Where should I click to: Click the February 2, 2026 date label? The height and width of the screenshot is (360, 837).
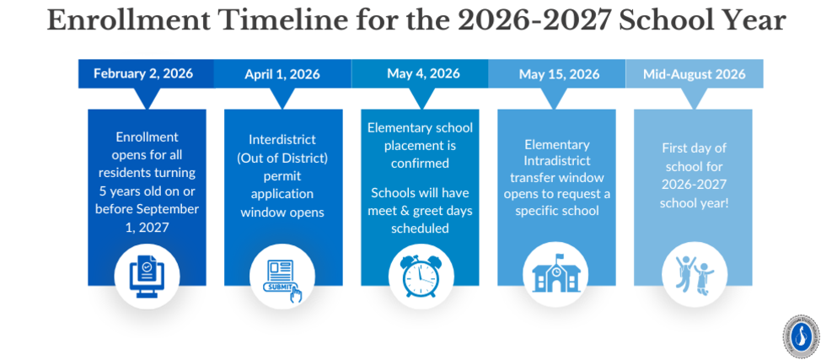(x=143, y=73)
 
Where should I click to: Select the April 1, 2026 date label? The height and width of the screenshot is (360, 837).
(x=282, y=74)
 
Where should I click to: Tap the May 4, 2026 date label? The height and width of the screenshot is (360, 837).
(x=423, y=73)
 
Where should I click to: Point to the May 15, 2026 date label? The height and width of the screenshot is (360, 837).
(x=559, y=74)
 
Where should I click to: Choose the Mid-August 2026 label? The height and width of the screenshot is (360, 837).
(x=694, y=74)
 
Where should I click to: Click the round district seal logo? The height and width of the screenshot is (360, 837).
(x=800, y=335)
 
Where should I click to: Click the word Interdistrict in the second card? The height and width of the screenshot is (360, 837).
(x=282, y=139)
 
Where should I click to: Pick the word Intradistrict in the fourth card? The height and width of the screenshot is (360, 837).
(x=555, y=159)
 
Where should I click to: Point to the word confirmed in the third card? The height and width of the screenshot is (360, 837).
(x=421, y=163)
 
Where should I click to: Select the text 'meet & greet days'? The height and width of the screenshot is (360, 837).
(x=420, y=210)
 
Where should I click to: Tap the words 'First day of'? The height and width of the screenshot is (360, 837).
(x=694, y=148)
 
